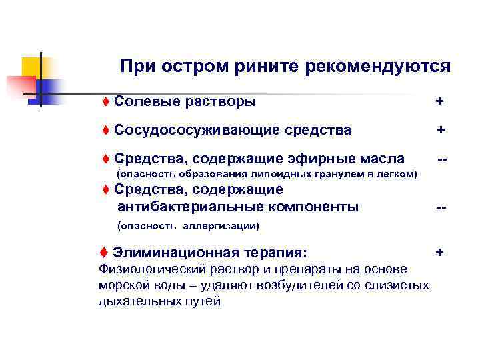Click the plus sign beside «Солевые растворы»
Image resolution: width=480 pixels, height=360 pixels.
(x=439, y=101)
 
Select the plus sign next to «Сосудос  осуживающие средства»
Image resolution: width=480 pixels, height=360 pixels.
(x=441, y=129)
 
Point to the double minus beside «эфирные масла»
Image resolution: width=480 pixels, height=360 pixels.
(x=441, y=159)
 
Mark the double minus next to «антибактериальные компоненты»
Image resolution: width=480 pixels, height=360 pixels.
(x=441, y=207)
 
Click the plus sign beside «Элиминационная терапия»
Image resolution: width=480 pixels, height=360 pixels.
(x=439, y=253)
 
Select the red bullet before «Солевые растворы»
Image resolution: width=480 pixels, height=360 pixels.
(x=106, y=101)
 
